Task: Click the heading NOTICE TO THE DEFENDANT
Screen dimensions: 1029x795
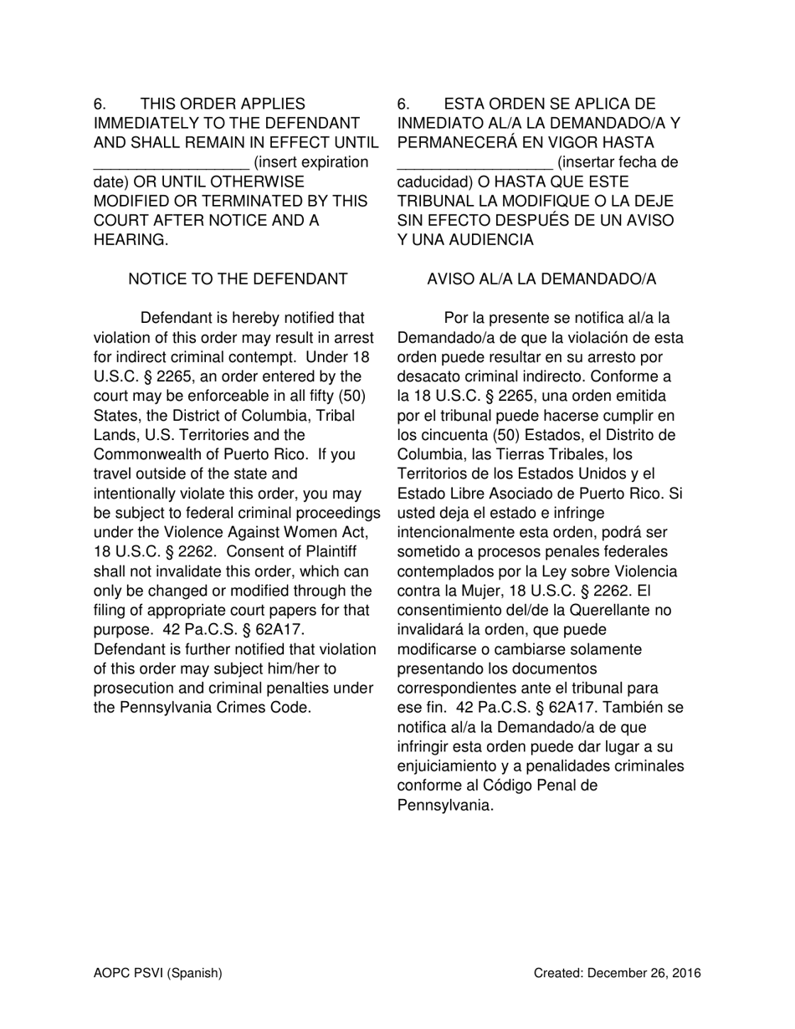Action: tap(238, 279)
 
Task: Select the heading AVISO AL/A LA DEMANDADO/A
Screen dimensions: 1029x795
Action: tap(541, 279)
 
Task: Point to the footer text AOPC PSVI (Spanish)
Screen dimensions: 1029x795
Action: tap(157, 973)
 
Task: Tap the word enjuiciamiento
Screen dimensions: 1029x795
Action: tap(452, 766)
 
